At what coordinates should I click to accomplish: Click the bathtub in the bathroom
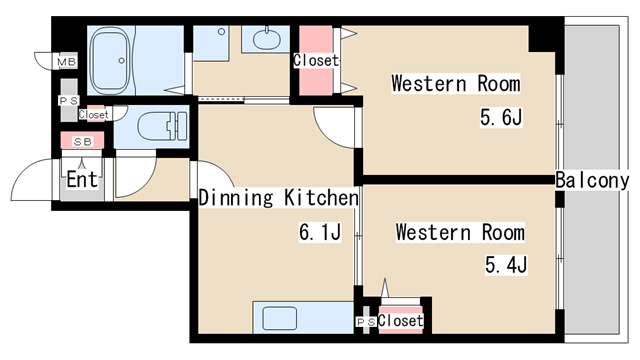(x=111, y=61)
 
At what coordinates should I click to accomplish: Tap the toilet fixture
(x=162, y=126)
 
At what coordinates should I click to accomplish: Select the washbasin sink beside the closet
(x=267, y=40)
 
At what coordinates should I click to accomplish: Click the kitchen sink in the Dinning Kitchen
(x=280, y=318)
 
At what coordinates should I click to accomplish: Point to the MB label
(x=66, y=62)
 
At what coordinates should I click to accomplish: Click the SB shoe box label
(x=82, y=142)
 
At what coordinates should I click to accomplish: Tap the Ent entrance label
(x=82, y=179)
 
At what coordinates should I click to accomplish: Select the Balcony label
(x=592, y=180)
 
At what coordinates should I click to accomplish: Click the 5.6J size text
(x=501, y=118)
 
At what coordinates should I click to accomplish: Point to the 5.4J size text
(x=506, y=264)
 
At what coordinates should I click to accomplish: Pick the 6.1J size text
(x=320, y=232)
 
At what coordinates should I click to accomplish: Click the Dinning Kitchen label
(x=279, y=198)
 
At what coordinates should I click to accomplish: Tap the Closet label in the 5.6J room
(x=316, y=61)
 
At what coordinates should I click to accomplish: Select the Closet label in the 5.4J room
(x=400, y=321)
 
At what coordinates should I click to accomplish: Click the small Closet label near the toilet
(x=93, y=115)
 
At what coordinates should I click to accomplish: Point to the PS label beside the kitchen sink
(x=366, y=322)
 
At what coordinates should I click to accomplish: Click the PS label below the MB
(x=69, y=100)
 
